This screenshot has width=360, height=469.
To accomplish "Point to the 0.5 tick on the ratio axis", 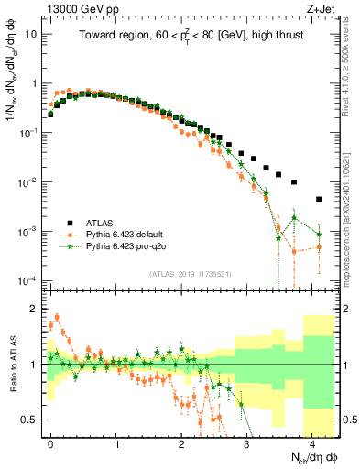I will click(x=31, y=420).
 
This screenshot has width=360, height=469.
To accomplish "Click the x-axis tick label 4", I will click(x=312, y=442).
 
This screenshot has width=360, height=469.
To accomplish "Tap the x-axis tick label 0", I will click(x=50, y=442).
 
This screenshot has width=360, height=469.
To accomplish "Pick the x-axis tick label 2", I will click(x=181, y=442).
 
